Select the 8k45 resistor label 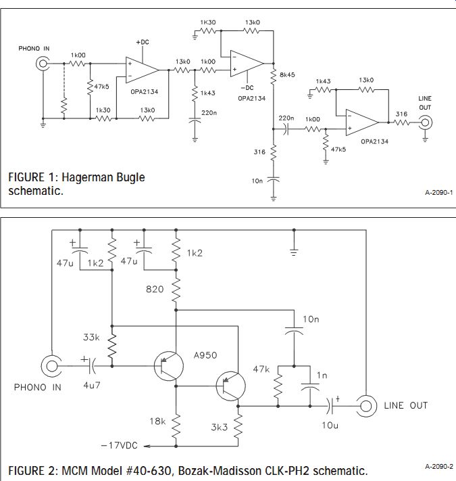tap(287, 75)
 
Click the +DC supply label tap(143, 43)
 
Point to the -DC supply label tap(247, 88)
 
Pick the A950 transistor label tap(205, 355)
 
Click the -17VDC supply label tap(119, 445)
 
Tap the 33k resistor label tap(91, 337)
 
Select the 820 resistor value tap(155, 289)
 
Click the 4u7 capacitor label tap(92, 386)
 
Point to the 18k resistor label tap(157, 421)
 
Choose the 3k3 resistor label tap(220, 427)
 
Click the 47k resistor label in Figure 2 tap(261, 369)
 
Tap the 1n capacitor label tap(322, 375)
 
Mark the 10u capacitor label tap(330, 425)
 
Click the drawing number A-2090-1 tap(439, 193)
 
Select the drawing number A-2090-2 tap(439, 467)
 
